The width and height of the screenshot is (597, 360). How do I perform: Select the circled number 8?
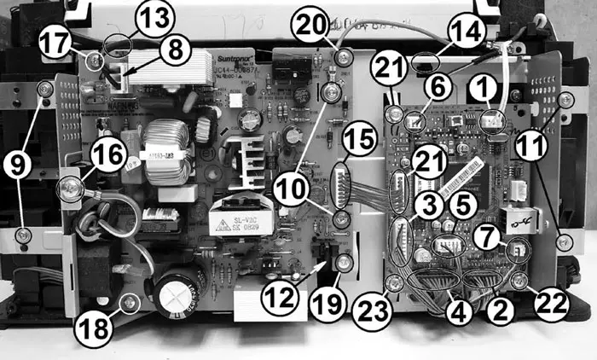point(175,49)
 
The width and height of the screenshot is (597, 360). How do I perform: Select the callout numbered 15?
point(361,137)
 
